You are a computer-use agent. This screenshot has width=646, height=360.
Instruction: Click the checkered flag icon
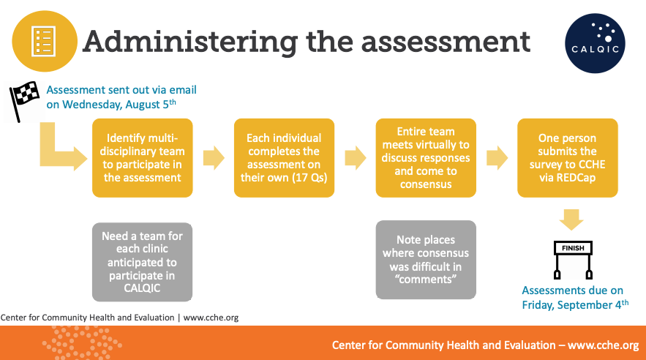coord(24,101)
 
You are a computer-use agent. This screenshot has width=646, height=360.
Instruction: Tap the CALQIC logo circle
coord(595,44)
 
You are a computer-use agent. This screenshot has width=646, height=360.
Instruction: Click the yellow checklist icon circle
coord(45,41)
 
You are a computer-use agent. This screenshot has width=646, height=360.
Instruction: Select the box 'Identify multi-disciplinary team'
coord(143,158)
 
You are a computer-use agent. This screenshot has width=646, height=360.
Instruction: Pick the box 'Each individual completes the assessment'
coord(285,158)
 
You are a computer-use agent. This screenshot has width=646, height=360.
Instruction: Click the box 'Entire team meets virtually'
coord(426,158)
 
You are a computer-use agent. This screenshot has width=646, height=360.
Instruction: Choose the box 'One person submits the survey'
coord(568,158)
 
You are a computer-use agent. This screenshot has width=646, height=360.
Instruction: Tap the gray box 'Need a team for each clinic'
coord(142,262)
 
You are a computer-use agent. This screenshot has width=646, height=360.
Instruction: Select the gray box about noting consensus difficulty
coord(426,260)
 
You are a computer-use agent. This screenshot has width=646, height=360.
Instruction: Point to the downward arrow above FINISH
coord(571,220)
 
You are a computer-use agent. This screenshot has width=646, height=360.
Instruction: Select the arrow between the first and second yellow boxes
coord(214,158)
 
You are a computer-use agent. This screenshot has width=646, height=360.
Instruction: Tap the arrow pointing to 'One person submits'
coord(497,158)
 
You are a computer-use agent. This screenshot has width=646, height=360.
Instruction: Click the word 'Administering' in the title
coord(190,42)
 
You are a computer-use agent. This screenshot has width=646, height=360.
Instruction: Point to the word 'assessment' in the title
coord(446,43)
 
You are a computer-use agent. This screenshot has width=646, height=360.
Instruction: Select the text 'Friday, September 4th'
coord(575,304)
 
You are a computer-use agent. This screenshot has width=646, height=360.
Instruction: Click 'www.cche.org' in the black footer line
coord(211,318)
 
